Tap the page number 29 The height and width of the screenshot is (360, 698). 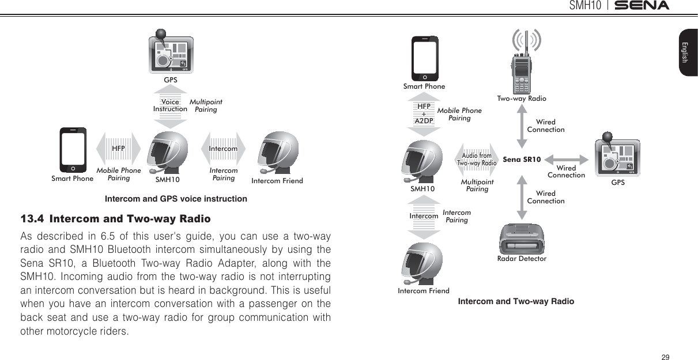pos(666,358)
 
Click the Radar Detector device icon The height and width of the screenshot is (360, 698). pos(522,238)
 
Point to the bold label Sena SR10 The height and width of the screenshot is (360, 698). pos(522,159)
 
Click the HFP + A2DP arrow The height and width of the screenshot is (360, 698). pos(424,114)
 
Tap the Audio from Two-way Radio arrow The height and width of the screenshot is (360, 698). pos(477,159)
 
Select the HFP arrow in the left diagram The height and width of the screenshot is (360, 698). pos(119,149)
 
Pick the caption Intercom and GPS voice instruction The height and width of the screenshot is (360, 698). pos(176,199)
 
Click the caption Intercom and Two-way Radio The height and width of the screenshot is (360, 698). pos(516,301)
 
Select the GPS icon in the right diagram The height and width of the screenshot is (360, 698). pos(617,157)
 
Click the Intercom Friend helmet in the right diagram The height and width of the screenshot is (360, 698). pos(423,264)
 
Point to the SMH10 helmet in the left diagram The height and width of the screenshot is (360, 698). pos(167,153)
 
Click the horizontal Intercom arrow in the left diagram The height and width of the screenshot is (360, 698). pos(223,149)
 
